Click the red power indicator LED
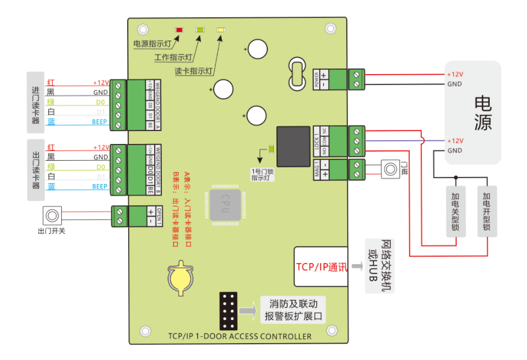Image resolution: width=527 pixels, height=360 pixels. [179, 30]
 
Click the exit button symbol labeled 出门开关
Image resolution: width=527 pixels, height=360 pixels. [52, 216]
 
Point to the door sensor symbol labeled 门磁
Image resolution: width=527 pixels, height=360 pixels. [390, 169]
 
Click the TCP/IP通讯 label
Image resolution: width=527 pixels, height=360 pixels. [321, 266]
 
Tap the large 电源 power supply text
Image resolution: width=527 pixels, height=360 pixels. [483, 113]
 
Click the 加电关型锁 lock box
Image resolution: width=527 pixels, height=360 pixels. [456, 212]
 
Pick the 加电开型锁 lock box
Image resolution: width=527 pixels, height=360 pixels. [487, 212]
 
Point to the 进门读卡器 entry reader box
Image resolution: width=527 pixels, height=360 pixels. [36, 101]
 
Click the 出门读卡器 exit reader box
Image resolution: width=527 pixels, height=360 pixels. [36, 170]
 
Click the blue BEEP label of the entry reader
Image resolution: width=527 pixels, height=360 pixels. [100, 122]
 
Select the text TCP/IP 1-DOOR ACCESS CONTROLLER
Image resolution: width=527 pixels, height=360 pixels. [240, 336]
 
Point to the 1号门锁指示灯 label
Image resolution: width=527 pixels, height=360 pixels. [263, 174]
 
